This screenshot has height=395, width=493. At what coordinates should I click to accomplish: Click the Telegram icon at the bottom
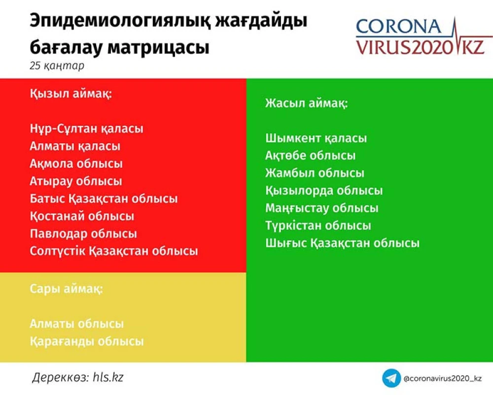[391, 378]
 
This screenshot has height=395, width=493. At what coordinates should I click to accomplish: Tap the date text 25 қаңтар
[57, 66]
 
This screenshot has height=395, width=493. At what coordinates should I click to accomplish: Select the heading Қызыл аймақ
[70, 93]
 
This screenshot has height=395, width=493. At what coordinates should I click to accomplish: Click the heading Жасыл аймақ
[307, 103]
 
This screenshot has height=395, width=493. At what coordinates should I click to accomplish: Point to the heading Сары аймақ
[67, 289]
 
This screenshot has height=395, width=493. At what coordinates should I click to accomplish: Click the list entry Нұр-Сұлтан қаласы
[86, 128]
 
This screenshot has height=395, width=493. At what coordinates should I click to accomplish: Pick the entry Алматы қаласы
[75, 146]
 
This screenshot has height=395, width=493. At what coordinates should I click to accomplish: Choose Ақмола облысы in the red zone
[76, 164]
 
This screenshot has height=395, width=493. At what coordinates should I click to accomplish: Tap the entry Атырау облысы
[76, 181]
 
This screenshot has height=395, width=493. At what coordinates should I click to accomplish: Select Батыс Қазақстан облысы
[104, 199]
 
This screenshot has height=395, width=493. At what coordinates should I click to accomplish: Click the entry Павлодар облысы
[83, 234]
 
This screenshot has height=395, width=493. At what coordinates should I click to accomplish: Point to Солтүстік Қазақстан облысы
[114, 251]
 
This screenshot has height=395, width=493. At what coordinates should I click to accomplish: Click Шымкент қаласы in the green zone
[316, 138]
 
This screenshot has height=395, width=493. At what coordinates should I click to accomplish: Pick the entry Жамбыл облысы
[315, 173]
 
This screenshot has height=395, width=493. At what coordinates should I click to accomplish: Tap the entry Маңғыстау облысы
[321, 208]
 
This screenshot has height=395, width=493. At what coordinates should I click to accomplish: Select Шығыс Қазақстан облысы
[343, 243]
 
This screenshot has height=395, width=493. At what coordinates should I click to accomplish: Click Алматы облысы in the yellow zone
[77, 324]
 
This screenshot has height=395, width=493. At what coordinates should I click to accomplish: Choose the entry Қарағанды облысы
[87, 342]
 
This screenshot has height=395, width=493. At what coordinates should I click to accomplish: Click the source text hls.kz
[108, 377]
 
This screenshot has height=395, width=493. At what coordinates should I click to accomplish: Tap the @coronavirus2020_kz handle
[443, 378]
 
